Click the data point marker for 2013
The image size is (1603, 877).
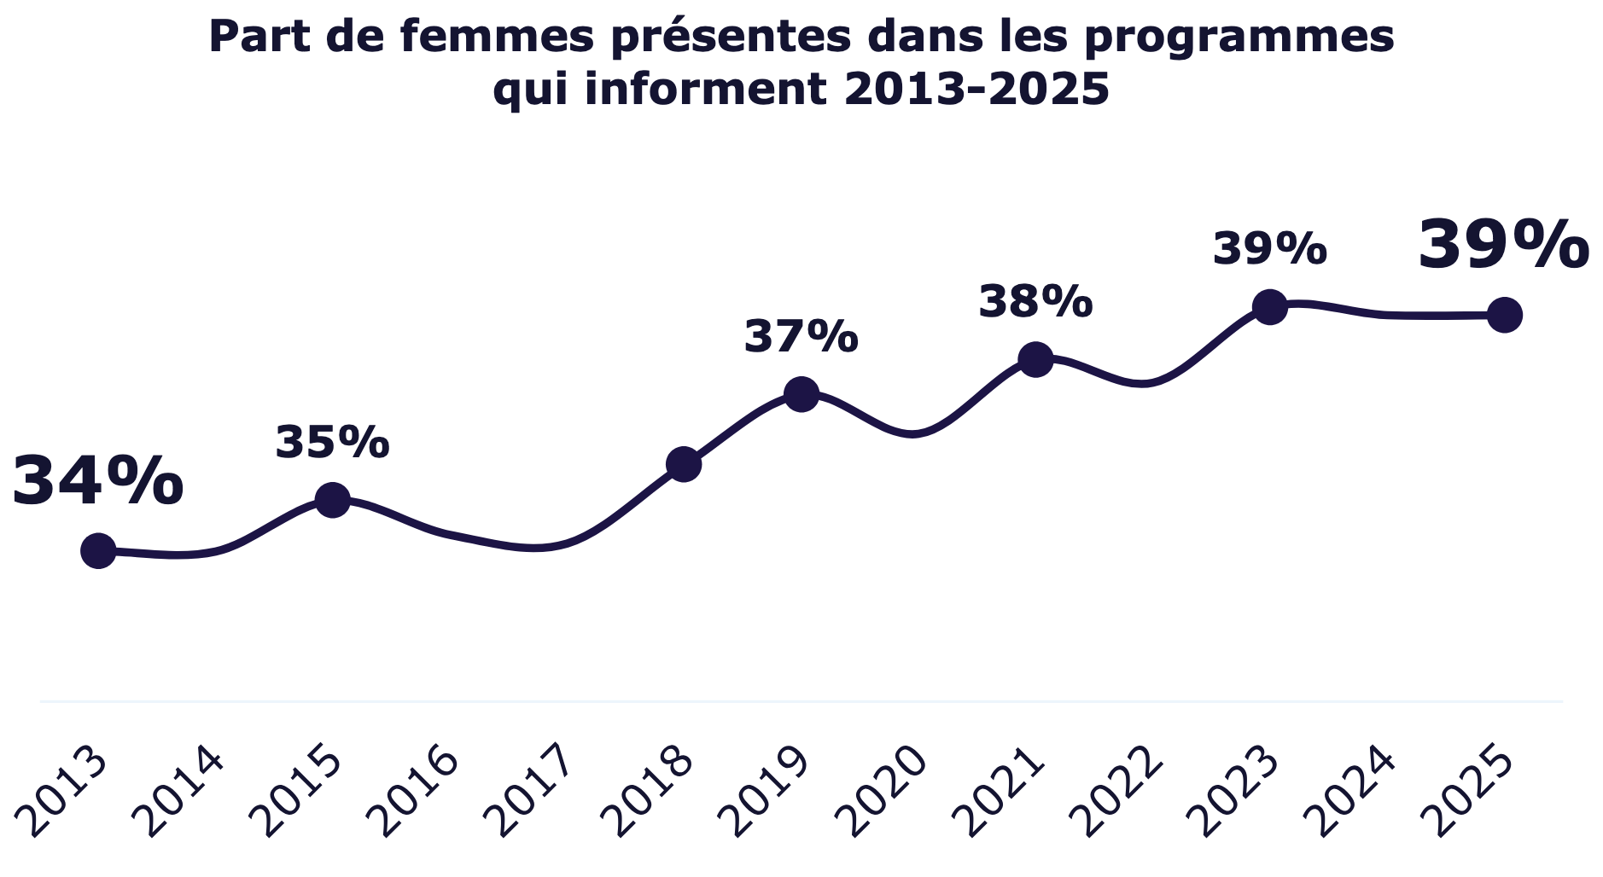98,551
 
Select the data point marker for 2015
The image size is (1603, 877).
332,499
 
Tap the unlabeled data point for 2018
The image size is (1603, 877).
683,464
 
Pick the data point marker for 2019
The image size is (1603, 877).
801,393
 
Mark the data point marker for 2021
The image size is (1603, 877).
1035,360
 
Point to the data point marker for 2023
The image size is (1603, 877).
1269,306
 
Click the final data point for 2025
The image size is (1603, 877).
1504,315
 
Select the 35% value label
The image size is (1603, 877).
332,443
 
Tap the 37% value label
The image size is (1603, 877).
801,336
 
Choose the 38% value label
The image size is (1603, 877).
1035,301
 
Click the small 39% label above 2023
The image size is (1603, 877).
1269,249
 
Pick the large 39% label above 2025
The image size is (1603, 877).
1503,246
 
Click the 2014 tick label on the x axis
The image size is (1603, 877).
181,792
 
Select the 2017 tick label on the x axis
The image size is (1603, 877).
533,792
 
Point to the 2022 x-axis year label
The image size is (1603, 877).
1118,792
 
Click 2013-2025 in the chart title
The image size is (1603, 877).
976,90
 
